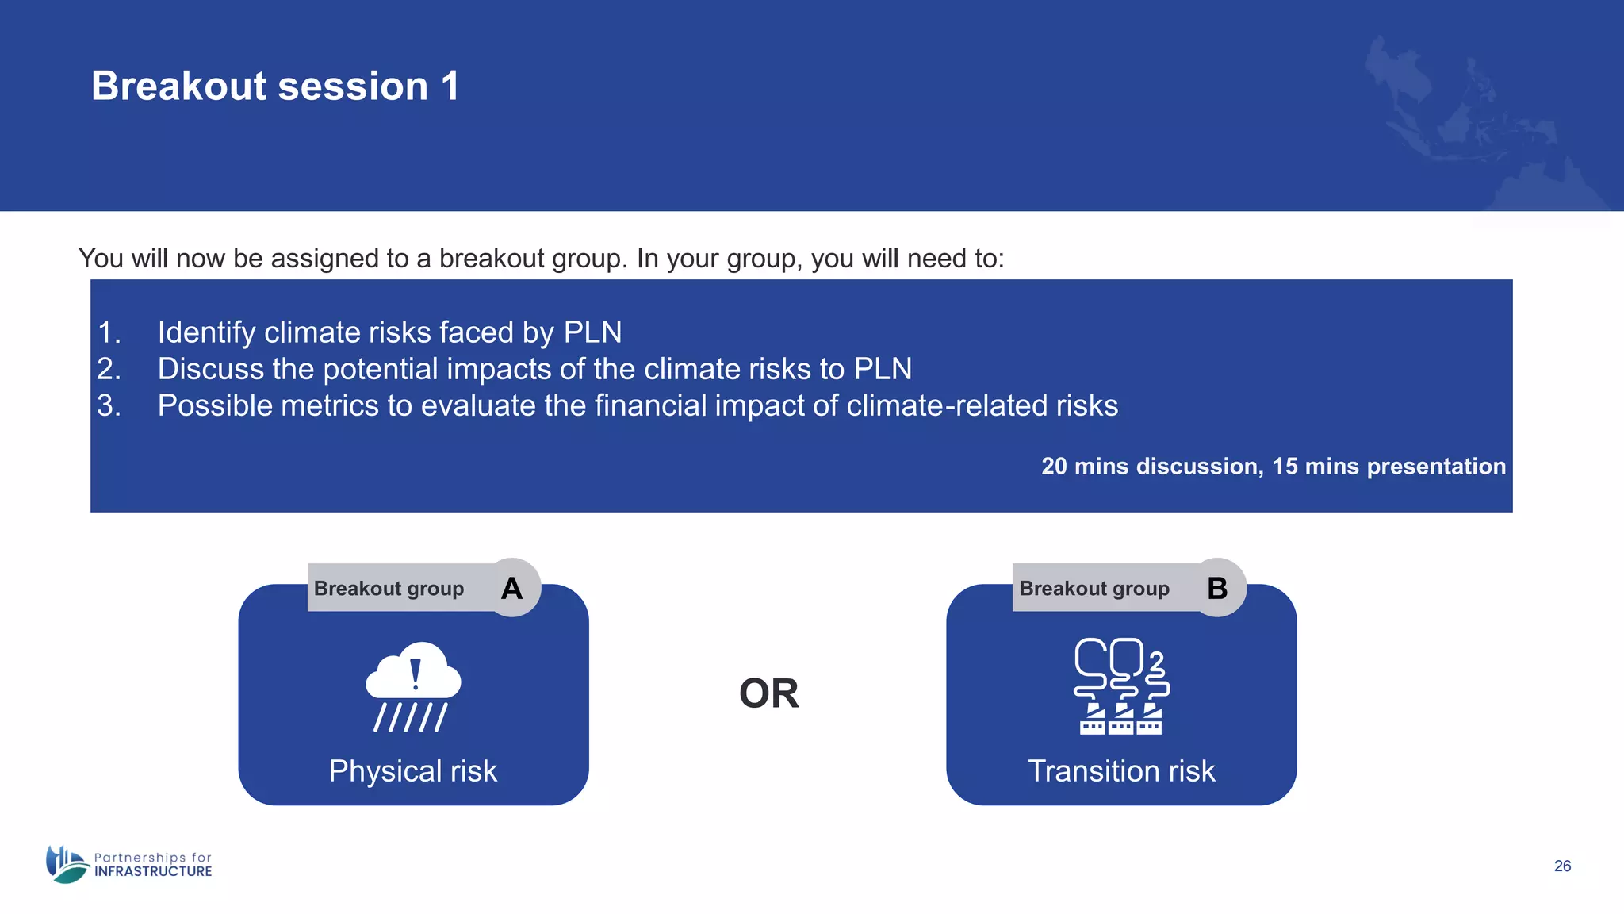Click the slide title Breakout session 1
click(x=275, y=86)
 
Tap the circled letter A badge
click(x=512, y=588)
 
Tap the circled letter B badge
click(x=1217, y=588)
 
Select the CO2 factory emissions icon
click(x=1121, y=686)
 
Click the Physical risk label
click(x=413, y=771)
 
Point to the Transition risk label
click(x=1121, y=771)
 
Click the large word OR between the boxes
click(x=768, y=693)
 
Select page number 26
click(x=1562, y=866)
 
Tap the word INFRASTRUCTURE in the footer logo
click(x=153, y=871)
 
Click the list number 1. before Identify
click(x=109, y=332)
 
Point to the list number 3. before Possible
click(x=109, y=406)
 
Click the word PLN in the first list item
click(x=592, y=332)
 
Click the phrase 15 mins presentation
click(x=1388, y=466)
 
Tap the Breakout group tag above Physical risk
click(x=389, y=588)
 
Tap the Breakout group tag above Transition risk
click(x=1094, y=588)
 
